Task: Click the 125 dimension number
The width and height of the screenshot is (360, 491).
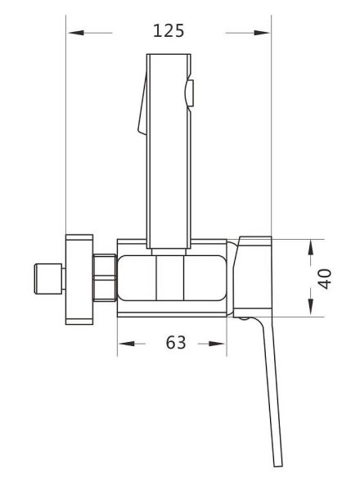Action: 169,31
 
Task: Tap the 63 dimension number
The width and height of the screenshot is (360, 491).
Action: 176,342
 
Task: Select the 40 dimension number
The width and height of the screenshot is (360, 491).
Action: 325,279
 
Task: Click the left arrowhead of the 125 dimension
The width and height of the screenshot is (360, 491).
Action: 76,33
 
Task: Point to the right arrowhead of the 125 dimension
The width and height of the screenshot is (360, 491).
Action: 262,33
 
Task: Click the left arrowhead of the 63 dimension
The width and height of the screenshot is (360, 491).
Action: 127,344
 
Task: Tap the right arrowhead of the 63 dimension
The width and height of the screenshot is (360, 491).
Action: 216,344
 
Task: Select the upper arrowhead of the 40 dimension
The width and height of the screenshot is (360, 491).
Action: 310,247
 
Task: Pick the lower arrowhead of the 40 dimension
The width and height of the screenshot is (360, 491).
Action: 310,307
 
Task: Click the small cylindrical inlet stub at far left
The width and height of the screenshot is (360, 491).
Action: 49,279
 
